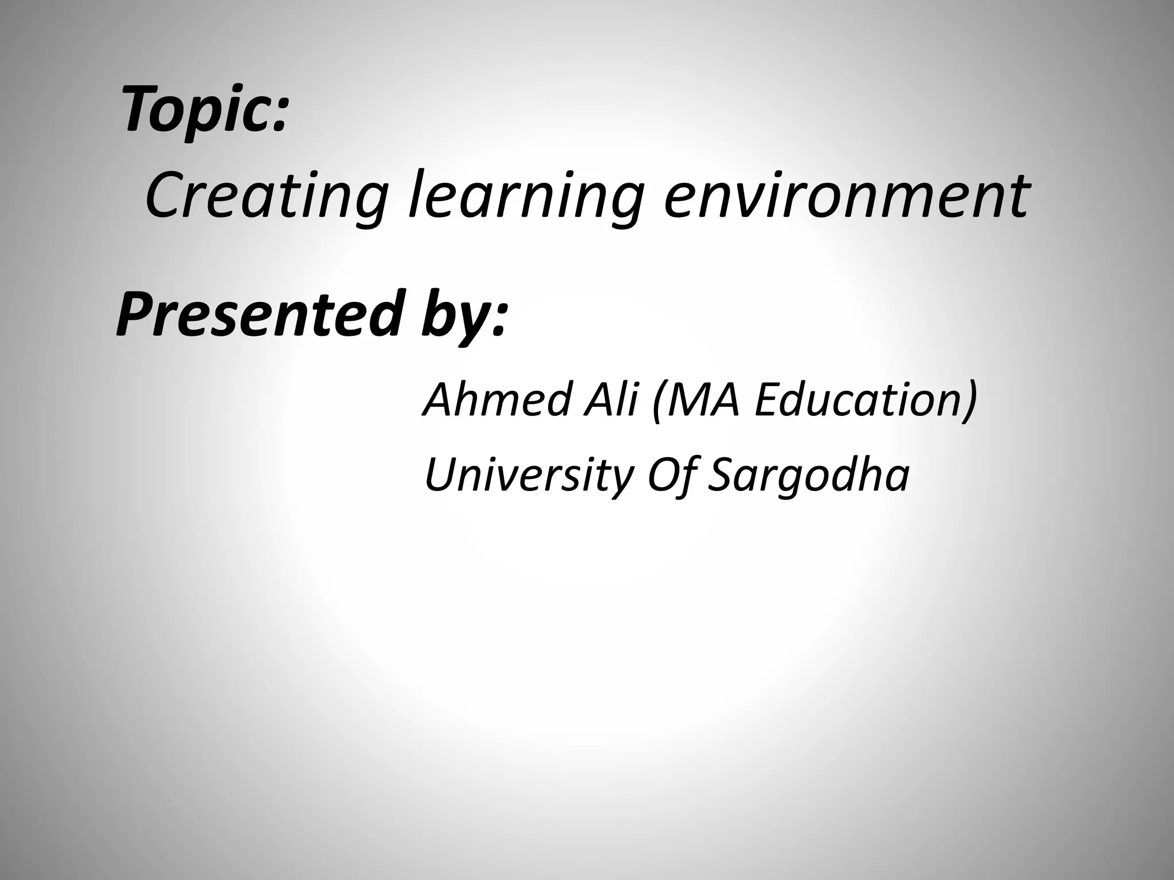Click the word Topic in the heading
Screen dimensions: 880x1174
pyautogui.click(x=195, y=109)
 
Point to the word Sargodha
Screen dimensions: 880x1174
pyautogui.click(x=808, y=476)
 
